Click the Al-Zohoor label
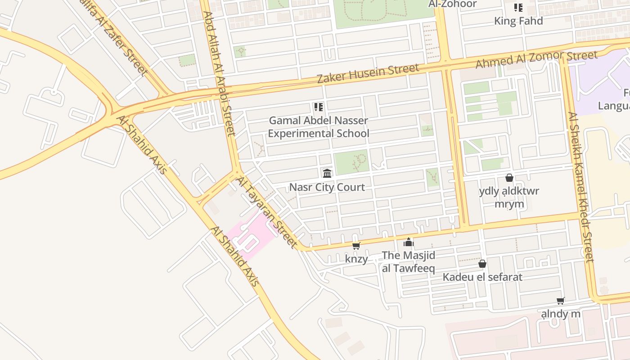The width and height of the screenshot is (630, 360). tap(452, 4)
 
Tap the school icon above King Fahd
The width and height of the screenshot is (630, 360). tap(518, 8)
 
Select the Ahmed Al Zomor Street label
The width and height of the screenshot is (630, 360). tap(536, 59)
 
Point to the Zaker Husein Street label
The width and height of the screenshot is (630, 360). tap(368, 73)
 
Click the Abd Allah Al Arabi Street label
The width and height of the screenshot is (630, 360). tap(219, 73)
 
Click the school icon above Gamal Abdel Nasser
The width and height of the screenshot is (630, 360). tap(319, 107)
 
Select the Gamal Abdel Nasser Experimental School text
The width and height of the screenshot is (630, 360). tap(319, 127)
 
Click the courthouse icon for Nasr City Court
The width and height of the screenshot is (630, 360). tap(327, 173)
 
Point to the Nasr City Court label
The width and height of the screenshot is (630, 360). tap(327, 187)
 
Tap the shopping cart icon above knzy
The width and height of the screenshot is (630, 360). tap(356, 246)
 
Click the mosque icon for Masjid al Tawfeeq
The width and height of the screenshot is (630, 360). tap(408, 243)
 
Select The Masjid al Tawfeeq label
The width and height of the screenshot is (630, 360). tap(409, 262)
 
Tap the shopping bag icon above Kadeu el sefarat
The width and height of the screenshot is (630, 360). tap(482, 264)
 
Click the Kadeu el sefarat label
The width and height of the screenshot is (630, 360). tap(482, 277)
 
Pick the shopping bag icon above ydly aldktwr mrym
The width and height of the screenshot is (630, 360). tap(509, 178)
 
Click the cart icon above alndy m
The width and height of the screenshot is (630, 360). tap(561, 301)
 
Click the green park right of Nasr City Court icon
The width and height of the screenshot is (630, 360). tap(351, 162)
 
